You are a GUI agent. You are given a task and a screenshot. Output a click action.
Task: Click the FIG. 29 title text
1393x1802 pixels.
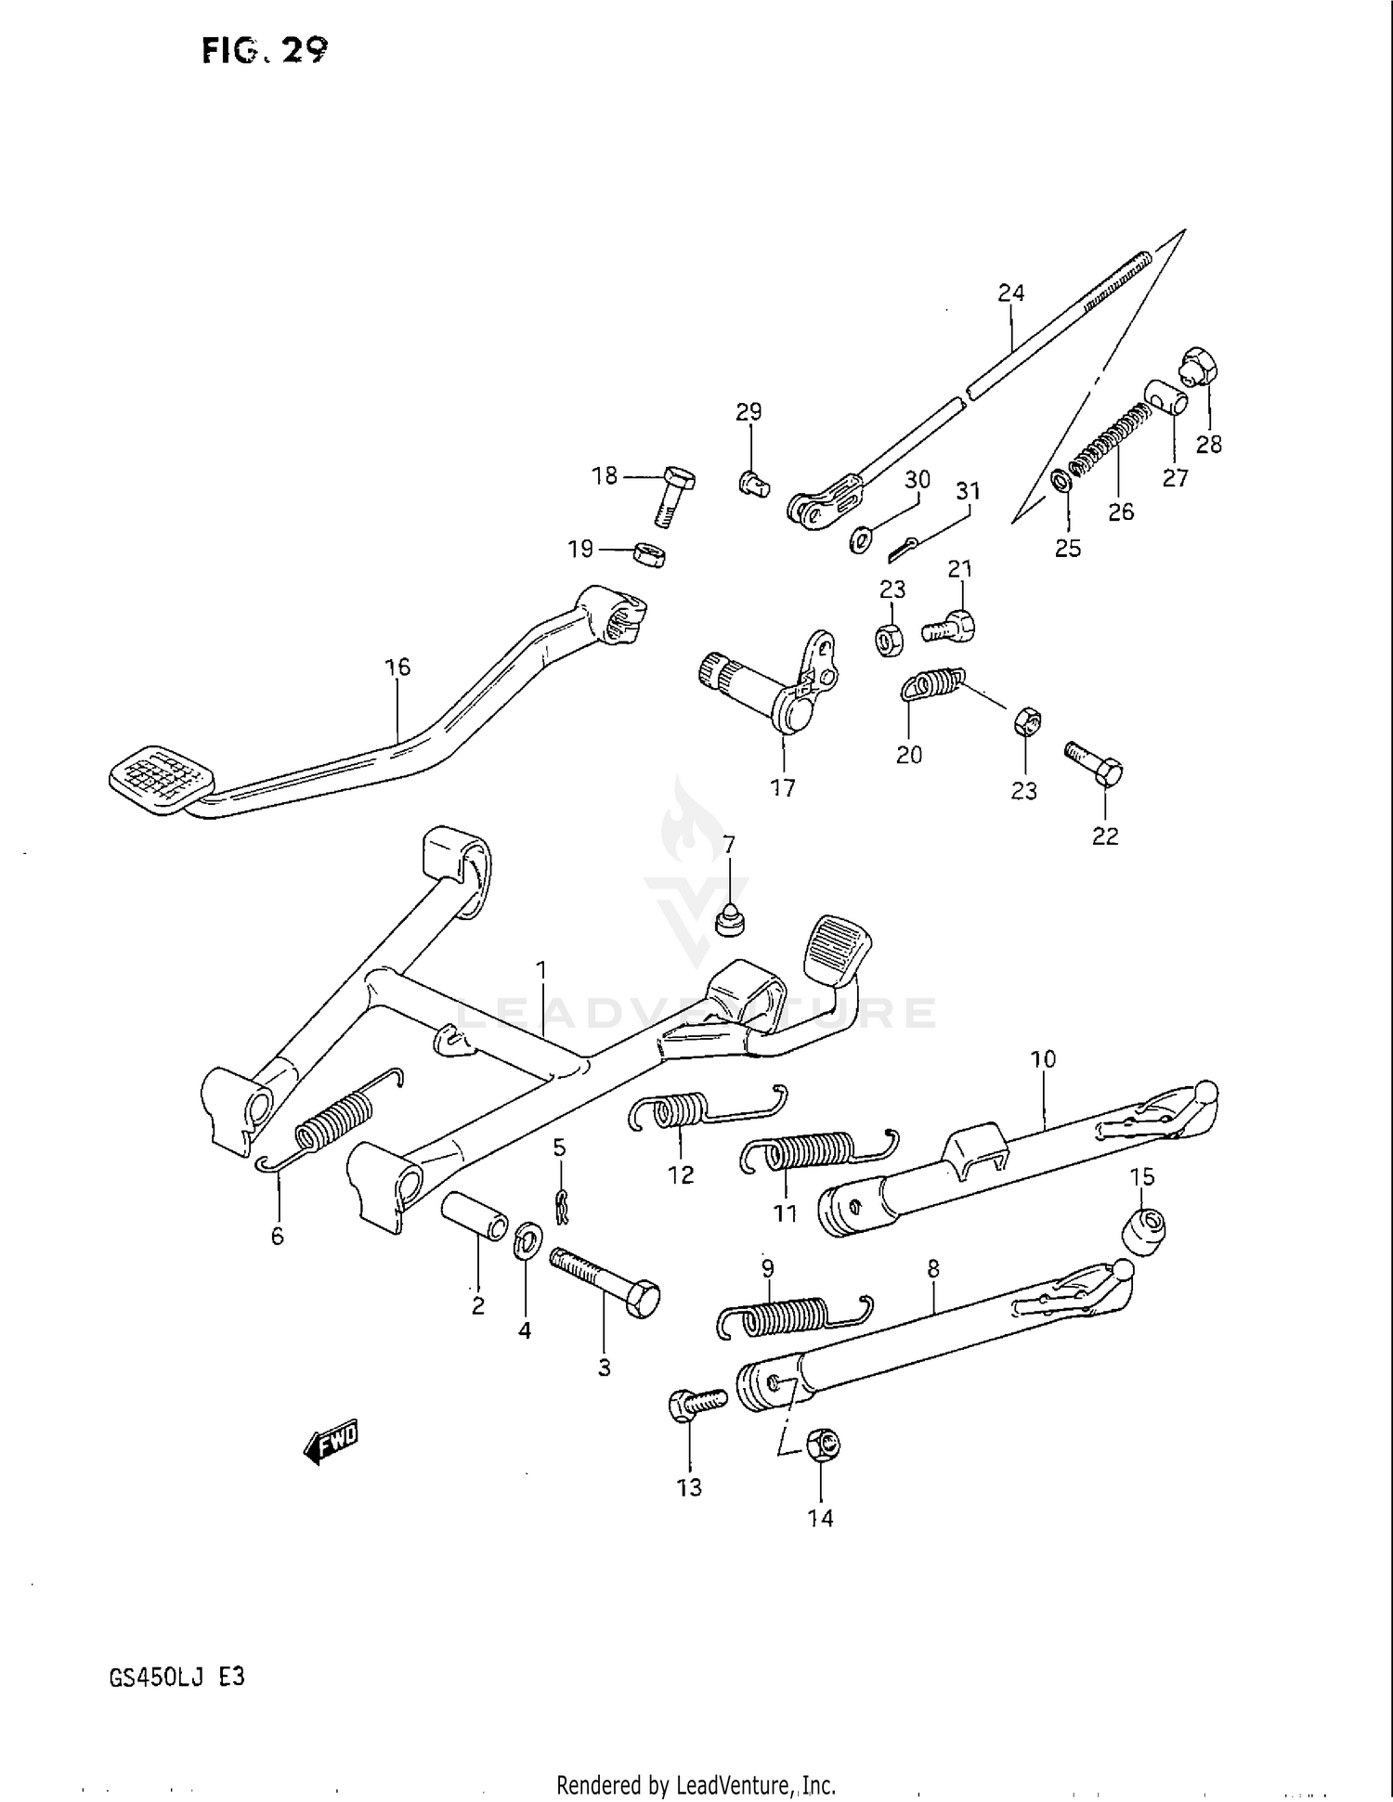point(264,50)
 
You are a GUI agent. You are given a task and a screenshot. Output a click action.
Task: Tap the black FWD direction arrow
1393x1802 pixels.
point(331,1442)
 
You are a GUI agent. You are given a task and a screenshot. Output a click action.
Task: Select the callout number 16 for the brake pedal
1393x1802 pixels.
point(397,667)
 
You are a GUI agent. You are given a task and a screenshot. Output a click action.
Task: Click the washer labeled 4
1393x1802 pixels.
point(528,1240)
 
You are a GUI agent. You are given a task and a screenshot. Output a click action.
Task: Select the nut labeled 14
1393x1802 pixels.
point(822,1444)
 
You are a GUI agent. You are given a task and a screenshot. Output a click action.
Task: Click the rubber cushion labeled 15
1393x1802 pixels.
point(1145,1227)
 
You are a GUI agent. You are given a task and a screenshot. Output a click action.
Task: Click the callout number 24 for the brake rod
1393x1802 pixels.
point(1010,293)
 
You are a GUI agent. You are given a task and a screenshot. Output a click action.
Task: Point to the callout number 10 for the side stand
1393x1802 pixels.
point(1043,1058)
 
